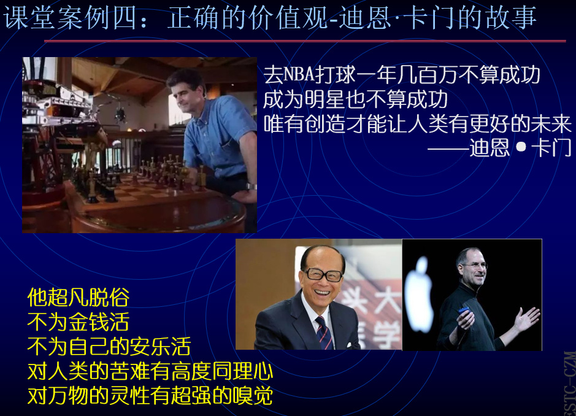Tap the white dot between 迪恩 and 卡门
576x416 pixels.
click(521, 147)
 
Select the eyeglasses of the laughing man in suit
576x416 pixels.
click(323, 274)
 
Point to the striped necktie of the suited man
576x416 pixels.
click(324, 333)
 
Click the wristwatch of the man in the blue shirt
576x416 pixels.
click(252, 187)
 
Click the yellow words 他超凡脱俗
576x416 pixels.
click(79, 298)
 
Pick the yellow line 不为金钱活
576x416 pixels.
click(79, 322)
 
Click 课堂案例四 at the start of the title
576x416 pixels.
click(70, 18)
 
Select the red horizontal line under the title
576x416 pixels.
click(305, 41)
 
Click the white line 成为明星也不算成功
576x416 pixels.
click(356, 99)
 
